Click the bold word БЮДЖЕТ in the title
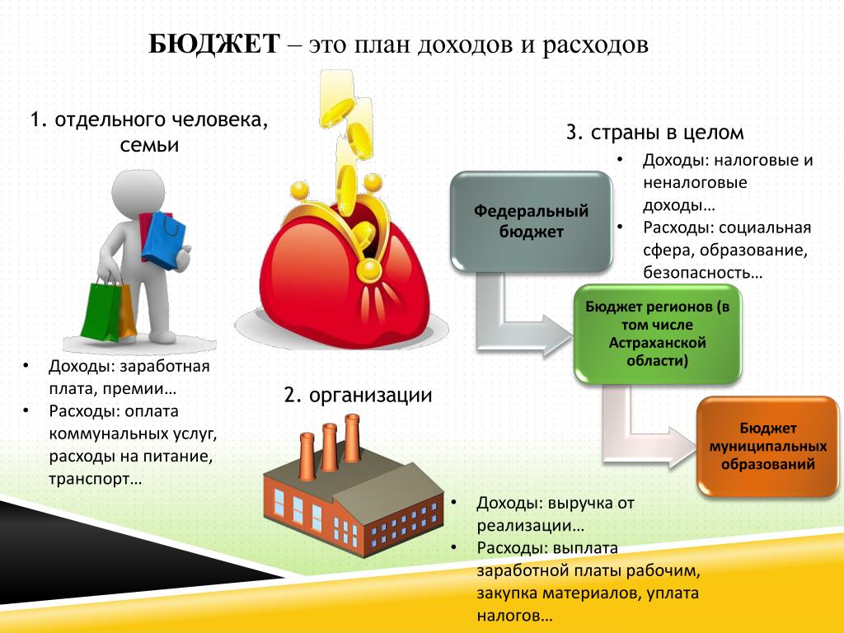(x=214, y=45)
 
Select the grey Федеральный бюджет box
(x=532, y=221)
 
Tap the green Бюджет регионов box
(x=657, y=334)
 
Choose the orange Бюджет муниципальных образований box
(x=767, y=446)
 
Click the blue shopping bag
(x=163, y=240)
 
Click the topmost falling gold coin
(x=337, y=112)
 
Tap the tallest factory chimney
(x=352, y=438)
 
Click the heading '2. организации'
(x=358, y=395)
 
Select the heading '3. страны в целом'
(x=654, y=133)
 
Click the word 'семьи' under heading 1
(x=149, y=145)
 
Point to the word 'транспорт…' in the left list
(x=96, y=479)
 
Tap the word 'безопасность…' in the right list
(x=702, y=272)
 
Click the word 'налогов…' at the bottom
(x=514, y=615)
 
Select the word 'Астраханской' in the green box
(x=657, y=343)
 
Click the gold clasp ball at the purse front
(x=370, y=270)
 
